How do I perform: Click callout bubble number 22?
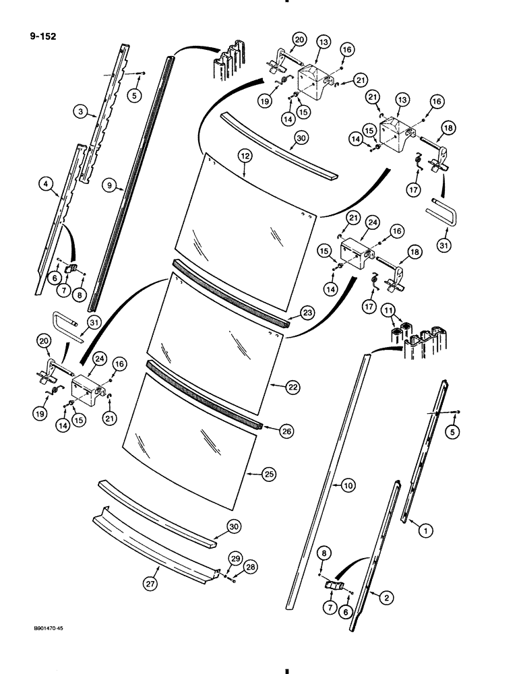click(x=292, y=386)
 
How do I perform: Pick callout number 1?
click(x=424, y=531)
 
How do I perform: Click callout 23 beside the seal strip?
click(x=307, y=312)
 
